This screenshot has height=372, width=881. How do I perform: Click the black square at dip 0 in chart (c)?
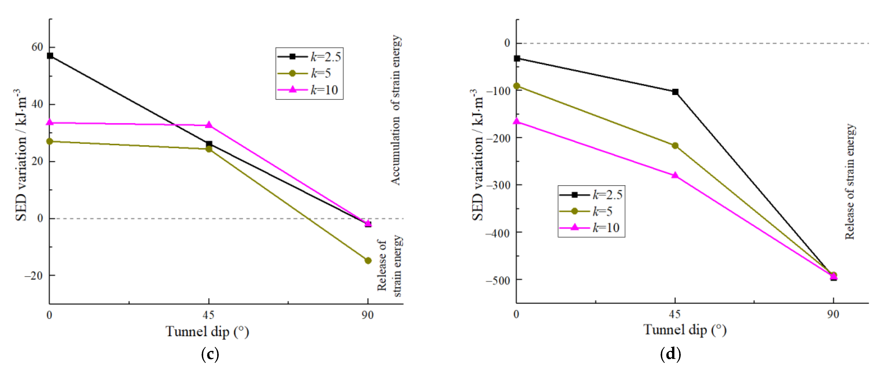click(x=50, y=56)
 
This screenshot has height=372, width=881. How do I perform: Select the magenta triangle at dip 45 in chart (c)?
click(x=209, y=125)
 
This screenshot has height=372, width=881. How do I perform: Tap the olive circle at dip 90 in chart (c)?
click(x=368, y=261)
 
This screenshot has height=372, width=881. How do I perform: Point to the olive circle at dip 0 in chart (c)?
click(x=50, y=141)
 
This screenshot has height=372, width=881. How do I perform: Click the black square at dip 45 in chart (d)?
click(x=675, y=92)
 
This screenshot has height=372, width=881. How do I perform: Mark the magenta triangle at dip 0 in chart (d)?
click(x=517, y=121)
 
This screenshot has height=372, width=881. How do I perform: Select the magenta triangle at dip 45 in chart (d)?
click(x=675, y=175)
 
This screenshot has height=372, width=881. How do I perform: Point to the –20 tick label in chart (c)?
click(x=34, y=276)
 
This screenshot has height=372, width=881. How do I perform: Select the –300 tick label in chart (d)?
click(x=498, y=185)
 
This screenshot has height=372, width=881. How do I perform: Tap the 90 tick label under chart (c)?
click(x=368, y=315)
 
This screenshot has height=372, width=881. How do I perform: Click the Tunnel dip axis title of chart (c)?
click(x=207, y=332)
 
